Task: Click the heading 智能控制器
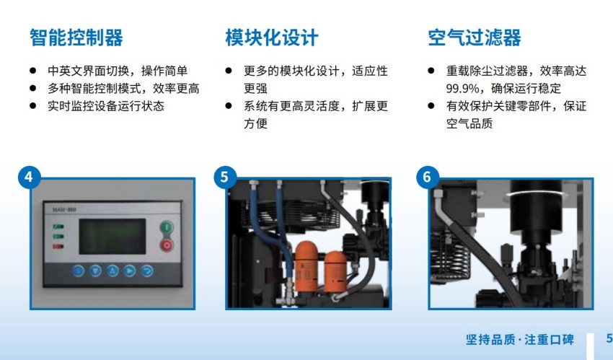(x=76, y=38)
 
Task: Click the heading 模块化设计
(x=272, y=38)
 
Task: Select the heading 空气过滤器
(x=475, y=38)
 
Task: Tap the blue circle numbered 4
(x=29, y=177)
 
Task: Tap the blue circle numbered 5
(x=225, y=177)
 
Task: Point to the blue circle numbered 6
(x=428, y=177)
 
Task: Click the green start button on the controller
(x=167, y=227)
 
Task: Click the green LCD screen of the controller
(x=113, y=237)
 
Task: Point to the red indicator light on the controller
(x=58, y=246)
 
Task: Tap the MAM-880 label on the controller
(x=64, y=209)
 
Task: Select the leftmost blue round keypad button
(x=79, y=271)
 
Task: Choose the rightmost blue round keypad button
(x=147, y=271)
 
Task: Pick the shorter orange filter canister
(x=335, y=271)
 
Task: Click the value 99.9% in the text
(x=463, y=89)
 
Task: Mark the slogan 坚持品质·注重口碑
(x=520, y=339)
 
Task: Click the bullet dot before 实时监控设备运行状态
(x=33, y=105)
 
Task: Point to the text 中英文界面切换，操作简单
(x=118, y=71)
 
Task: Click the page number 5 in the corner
(x=609, y=338)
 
